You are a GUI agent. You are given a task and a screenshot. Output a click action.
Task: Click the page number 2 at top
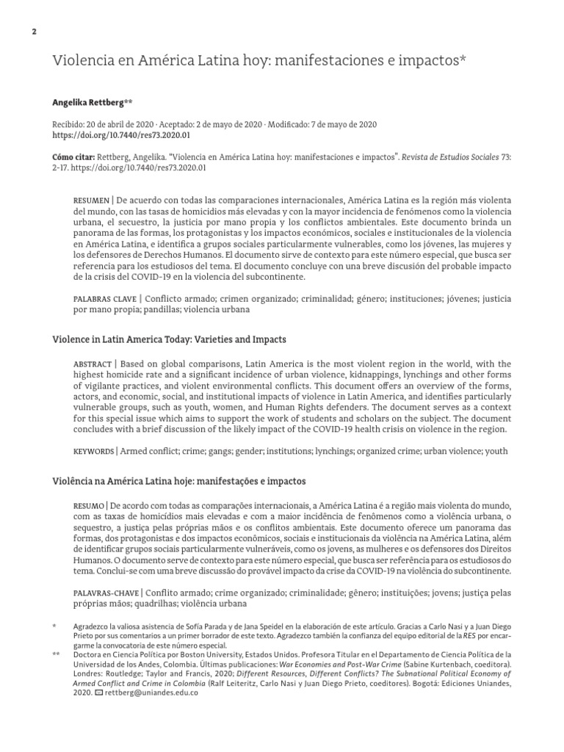34,31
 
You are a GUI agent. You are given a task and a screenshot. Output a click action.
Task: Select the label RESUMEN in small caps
90,201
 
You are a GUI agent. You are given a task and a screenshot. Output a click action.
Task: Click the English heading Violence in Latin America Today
169,340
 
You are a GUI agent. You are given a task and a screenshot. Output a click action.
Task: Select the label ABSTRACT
91,364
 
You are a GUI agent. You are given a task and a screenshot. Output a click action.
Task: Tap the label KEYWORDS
93,450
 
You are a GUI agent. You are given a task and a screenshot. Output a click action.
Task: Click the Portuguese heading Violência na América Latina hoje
178,481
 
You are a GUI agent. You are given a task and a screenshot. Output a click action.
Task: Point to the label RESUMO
88,506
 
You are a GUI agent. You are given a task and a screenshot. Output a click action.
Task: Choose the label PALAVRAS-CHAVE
106,593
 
